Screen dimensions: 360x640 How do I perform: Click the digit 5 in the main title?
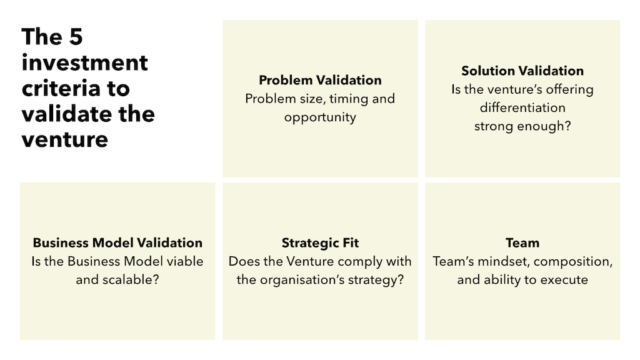pyautogui.click(x=74, y=38)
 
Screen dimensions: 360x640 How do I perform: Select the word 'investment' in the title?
pyautogui.click(x=84, y=63)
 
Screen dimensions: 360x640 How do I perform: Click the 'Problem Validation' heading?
pyautogui.click(x=320, y=80)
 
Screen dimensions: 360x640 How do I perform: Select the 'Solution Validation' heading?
pyautogui.click(x=522, y=71)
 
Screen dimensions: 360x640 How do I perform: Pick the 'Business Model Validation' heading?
pyautogui.click(x=117, y=243)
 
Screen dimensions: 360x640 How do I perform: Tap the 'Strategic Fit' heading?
pyautogui.click(x=320, y=243)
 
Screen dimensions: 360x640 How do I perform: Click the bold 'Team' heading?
pyautogui.click(x=522, y=243)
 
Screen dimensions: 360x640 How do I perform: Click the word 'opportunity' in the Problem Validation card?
pyautogui.click(x=320, y=117)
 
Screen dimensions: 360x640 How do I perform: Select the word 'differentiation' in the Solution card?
pyautogui.click(x=522, y=108)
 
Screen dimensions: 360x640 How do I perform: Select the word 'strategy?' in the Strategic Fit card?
pyautogui.click(x=372, y=280)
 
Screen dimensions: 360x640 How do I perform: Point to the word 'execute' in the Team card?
pyautogui.click(x=564, y=280)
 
